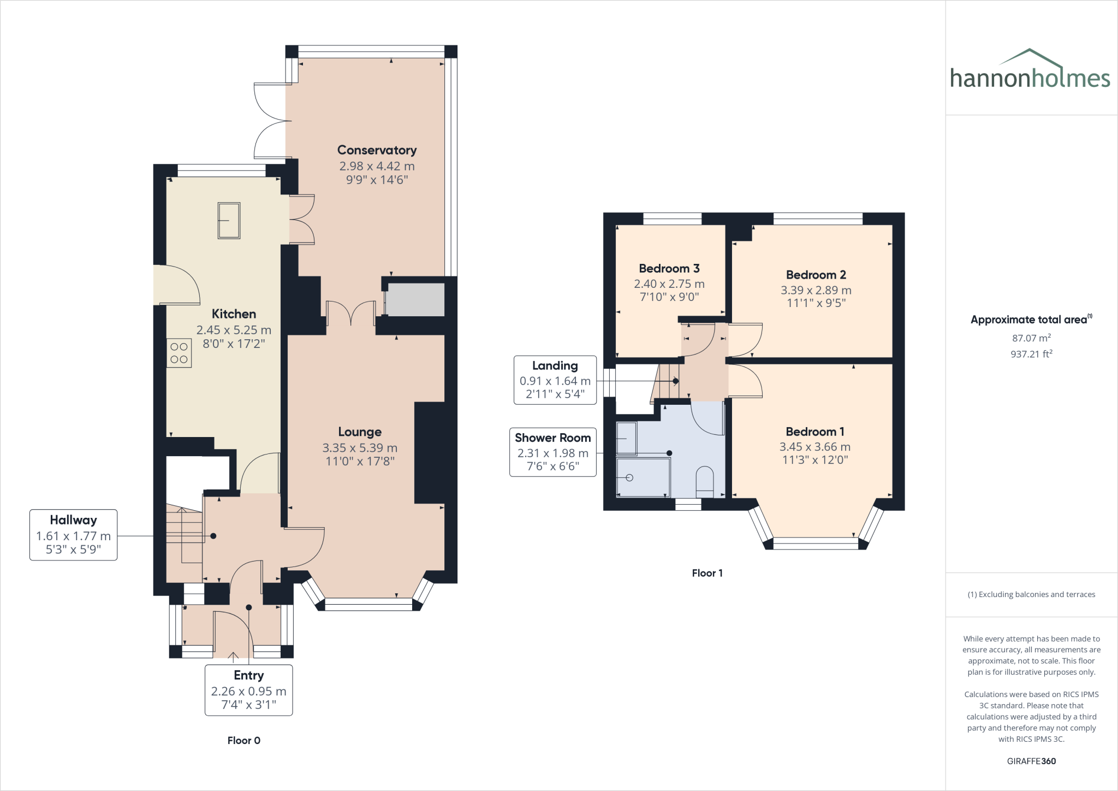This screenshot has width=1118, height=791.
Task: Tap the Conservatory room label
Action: coord(377,150)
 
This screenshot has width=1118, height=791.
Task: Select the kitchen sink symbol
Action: coord(229,220)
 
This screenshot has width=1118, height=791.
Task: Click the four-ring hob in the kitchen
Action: coord(179,353)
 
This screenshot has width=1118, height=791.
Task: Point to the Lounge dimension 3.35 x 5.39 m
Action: coord(360,448)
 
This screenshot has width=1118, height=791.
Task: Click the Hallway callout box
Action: coord(73,535)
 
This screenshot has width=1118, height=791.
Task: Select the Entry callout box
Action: coord(249,690)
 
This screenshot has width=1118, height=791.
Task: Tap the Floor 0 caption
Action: coord(244,741)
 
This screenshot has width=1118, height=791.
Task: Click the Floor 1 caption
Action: coord(707,573)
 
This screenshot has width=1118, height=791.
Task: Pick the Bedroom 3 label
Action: coord(669,268)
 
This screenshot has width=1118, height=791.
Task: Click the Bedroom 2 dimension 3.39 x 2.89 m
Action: coord(816,290)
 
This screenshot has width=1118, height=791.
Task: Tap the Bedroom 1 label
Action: coord(815,432)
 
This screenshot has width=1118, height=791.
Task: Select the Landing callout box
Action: coord(555,380)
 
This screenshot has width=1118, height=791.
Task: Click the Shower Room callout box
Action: coord(553,452)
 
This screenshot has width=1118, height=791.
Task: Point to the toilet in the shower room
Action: coord(705,481)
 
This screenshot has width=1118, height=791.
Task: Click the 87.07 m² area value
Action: coord(1032,338)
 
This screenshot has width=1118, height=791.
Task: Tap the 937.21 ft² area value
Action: coord(1032,354)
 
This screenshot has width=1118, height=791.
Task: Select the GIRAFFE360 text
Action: coord(1031,761)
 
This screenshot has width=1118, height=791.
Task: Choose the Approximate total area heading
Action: coord(1032,320)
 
